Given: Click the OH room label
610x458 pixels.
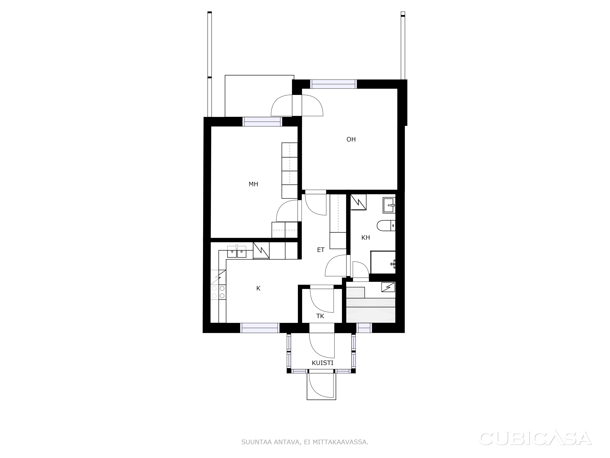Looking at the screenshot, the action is tap(351, 139).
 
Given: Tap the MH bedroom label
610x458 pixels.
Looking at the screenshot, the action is tap(253, 184).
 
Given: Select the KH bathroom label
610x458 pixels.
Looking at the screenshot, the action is tap(366, 237).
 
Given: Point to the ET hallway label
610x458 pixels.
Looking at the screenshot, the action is tap(321, 250).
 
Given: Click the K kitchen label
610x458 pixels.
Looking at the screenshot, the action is tap(258, 288).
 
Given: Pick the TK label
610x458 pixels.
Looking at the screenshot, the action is tap(320, 316).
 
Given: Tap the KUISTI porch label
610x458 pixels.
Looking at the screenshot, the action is tap(323, 363).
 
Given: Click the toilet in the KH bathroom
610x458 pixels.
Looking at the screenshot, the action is tap(386, 225).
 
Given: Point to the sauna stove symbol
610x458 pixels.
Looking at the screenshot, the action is tap(388, 287).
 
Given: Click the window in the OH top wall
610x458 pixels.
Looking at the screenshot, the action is tap(333, 84).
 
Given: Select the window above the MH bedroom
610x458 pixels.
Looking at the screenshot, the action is tap(262, 122).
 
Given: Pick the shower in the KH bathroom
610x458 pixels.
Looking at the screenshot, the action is tap(383, 262).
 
